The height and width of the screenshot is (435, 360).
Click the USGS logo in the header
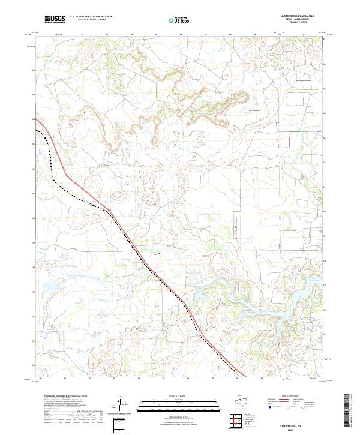(x=55, y=19)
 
